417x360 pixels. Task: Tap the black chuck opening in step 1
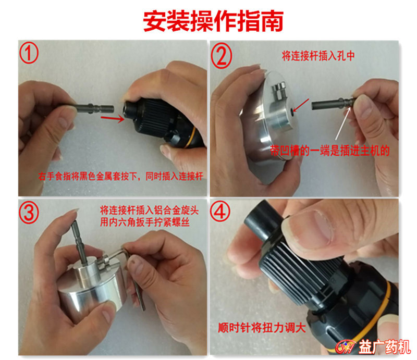[128, 108]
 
